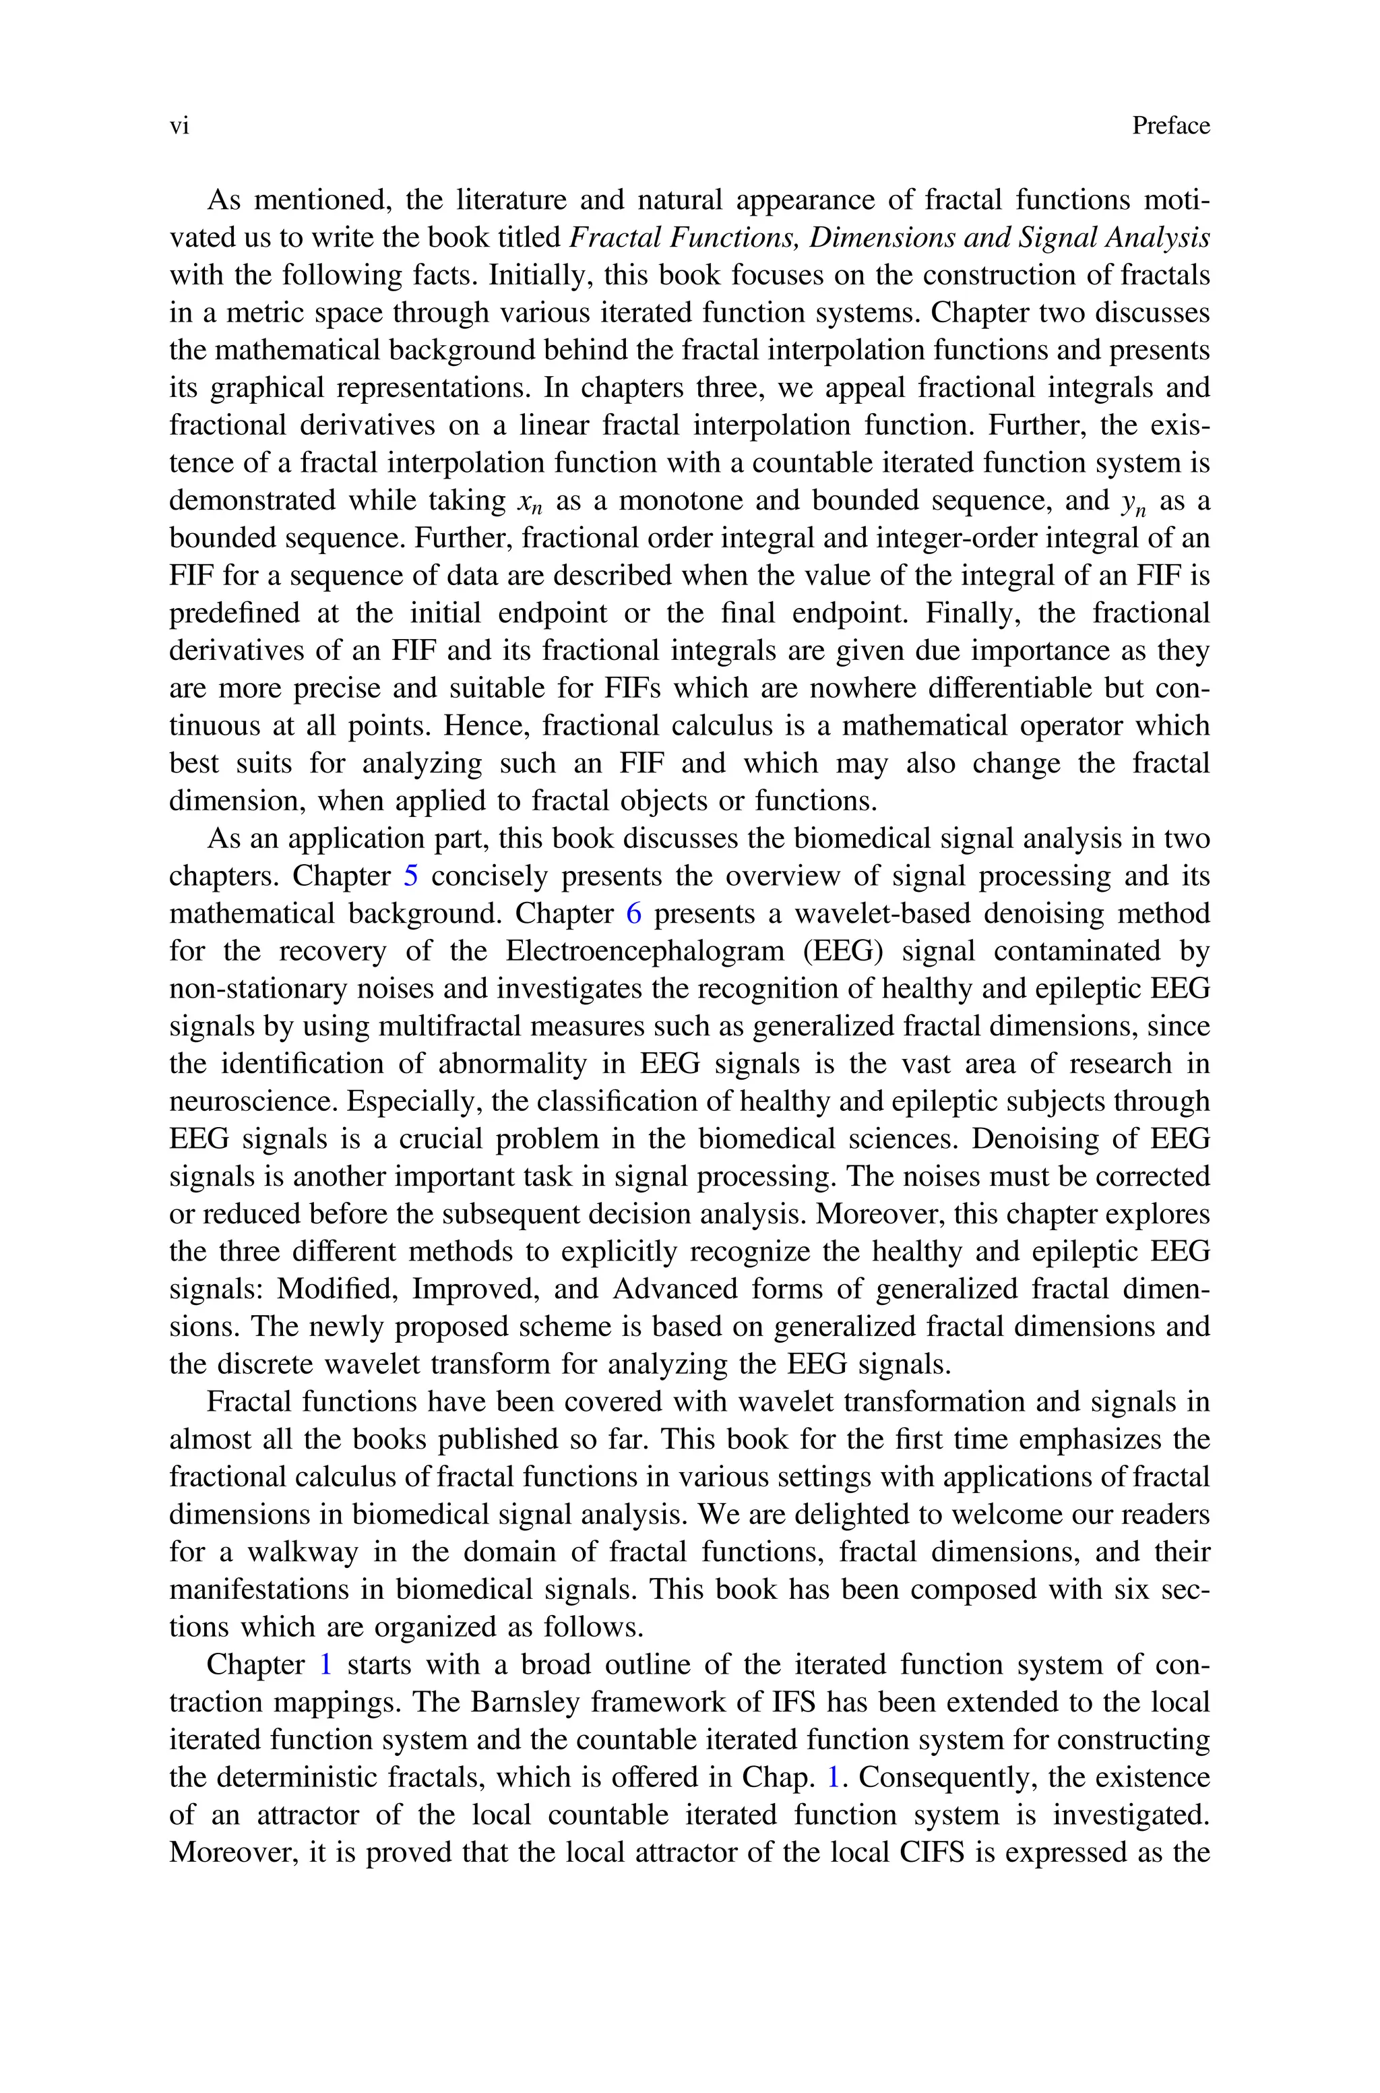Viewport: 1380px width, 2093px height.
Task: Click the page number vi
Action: point(179,127)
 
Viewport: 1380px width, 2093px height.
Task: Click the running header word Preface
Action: point(1170,126)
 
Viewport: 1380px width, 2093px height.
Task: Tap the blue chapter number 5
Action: point(411,876)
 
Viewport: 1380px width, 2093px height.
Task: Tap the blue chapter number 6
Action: point(633,913)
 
